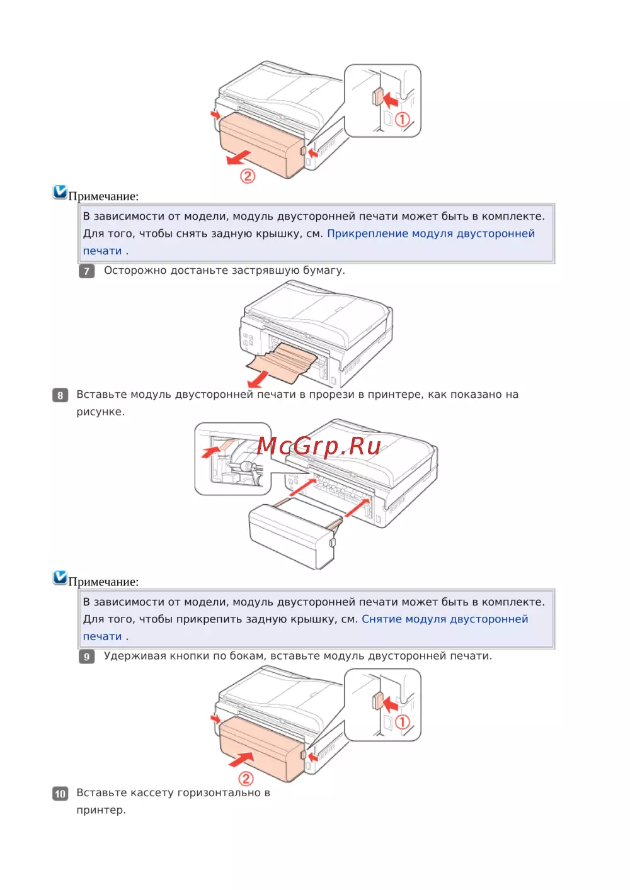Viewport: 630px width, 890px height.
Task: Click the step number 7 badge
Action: click(86, 271)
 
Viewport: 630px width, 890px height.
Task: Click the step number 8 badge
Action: click(60, 395)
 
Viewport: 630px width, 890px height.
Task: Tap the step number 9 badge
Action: click(86, 656)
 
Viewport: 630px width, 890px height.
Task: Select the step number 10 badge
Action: click(60, 794)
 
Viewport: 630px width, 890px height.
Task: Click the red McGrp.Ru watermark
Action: click(319, 447)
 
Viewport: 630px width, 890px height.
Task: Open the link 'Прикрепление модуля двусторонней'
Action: click(431, 234)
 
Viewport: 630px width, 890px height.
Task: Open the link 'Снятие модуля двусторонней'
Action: click(445, 619)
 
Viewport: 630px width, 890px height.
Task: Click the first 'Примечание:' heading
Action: click(103, 196)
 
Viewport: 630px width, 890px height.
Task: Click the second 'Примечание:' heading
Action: click(103, 582)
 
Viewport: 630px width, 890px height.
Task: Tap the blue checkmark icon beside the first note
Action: click(60, 192)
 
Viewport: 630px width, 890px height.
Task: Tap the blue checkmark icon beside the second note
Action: click(60, 577)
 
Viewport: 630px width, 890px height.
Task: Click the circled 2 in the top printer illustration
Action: click(248, 176)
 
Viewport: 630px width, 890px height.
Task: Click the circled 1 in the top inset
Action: click(402, 119)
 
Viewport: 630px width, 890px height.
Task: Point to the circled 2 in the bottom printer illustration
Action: click(246, 779)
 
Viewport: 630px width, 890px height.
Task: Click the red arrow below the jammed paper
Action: click(258, 379)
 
